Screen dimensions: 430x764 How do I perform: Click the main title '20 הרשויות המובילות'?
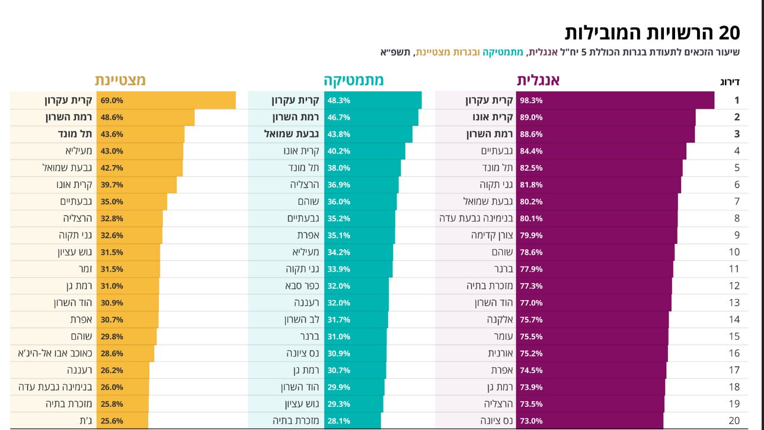(x=652, y=33)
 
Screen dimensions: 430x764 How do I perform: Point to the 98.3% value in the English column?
(x=531, y=100)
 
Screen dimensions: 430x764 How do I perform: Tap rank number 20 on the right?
(x=734, y=421)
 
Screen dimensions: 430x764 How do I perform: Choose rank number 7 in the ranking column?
(x=737, y=202)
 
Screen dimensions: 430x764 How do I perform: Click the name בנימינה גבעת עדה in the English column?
(x=476, y=218)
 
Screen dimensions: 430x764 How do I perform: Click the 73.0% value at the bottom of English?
(x=531, y=421)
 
